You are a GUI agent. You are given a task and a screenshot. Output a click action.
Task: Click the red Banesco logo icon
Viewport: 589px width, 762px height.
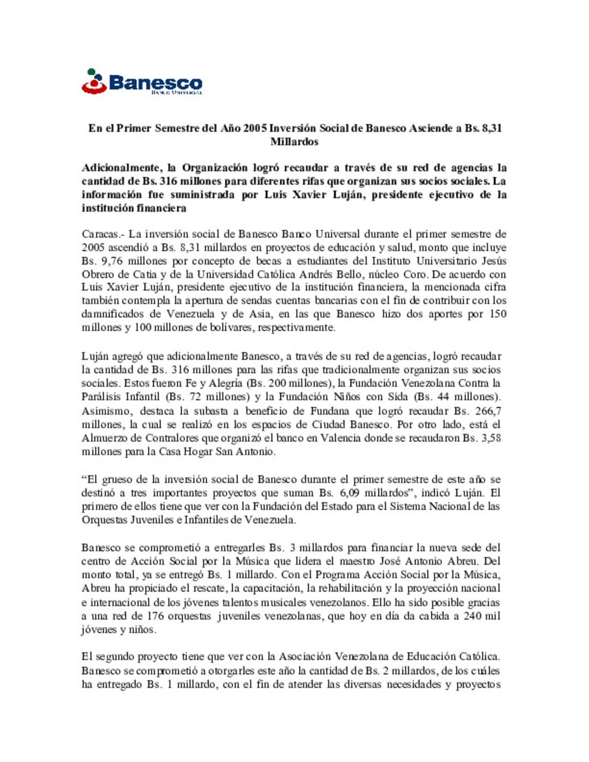click(94, 82)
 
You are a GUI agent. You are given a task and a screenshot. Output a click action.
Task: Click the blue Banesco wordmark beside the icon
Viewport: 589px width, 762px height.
click(155, 83)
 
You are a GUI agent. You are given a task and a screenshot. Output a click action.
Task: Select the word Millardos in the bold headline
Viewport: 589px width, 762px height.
click(294, 142)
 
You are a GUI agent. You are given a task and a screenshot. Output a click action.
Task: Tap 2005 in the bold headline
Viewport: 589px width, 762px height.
click(255, 129)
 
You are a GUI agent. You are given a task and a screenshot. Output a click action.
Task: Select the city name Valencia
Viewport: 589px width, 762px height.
click(340, 438)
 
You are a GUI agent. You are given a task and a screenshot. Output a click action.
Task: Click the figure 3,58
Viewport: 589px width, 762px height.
click(490, 438)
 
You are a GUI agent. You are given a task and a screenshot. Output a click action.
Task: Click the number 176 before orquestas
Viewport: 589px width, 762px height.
click(155, 616)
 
